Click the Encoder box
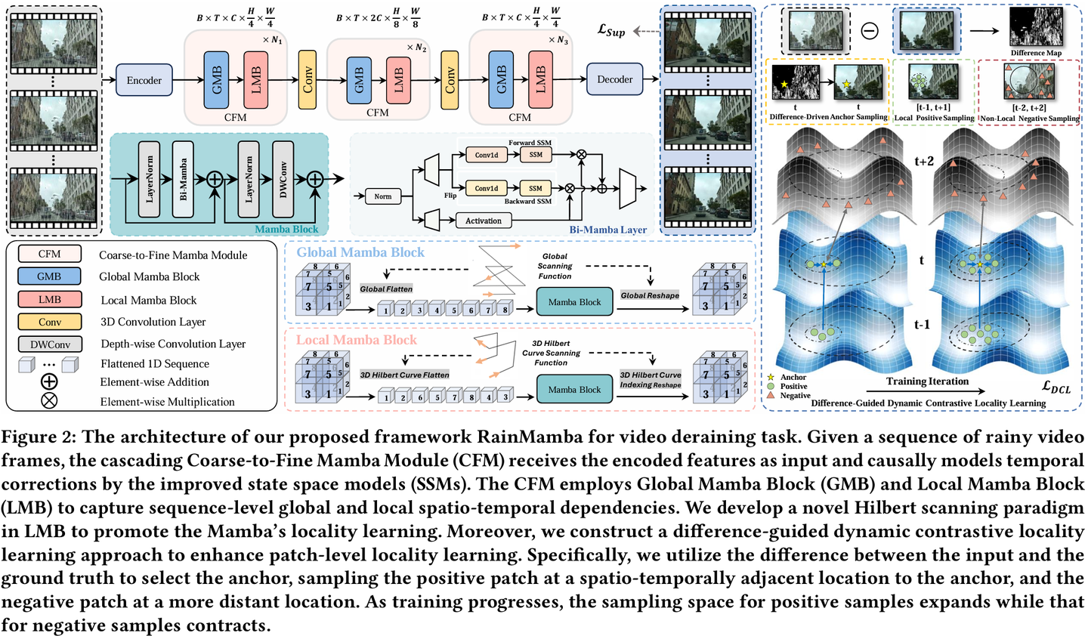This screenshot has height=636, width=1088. click(x=144, y=80)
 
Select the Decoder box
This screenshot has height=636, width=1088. click(x=614, y=79)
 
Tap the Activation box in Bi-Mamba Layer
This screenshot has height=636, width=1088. click(x=484, y=221)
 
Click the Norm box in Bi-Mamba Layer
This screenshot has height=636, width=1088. click(x=383, y=196)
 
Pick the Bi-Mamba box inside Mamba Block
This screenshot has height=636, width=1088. click(x=183, y=179)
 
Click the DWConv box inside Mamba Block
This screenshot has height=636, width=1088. click(x=283, y=179)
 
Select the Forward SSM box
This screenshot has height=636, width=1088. click(x=536, y=154)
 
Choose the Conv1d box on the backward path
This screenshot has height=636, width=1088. click(x=487, y=188)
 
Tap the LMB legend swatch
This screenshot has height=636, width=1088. click(x=50, y=300)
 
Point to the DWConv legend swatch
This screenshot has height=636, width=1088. click(x=50, y=344)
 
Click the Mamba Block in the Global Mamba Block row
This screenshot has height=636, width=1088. click(x=574, y=301)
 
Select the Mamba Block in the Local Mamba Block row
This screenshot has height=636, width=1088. click(x=574, y=389)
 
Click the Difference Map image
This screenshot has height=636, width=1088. click(x=1036, y=26)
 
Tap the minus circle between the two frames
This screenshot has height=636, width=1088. click(x=870, y=31)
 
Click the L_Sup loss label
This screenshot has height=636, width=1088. click(x=611, y=31)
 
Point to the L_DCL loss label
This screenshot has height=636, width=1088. click(x=1056, y=387)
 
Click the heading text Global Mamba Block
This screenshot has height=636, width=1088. click(x=360, y=252)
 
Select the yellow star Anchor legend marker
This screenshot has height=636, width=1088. click(x=771, y=377)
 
